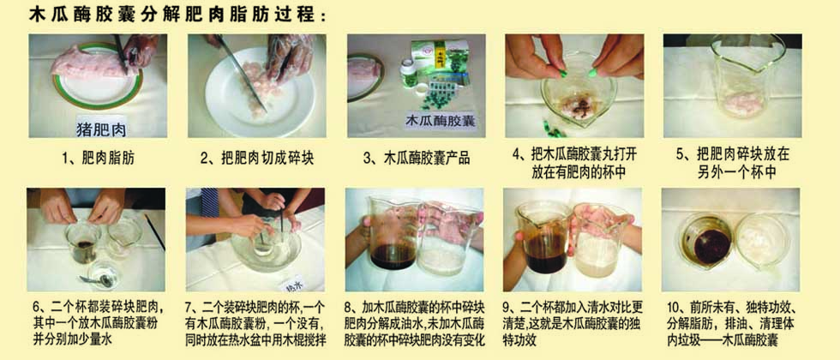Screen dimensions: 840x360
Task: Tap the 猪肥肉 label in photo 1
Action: (99, 128)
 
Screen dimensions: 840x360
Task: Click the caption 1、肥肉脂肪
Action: (97, 158)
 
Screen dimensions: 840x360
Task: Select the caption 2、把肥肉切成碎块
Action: (257, 158)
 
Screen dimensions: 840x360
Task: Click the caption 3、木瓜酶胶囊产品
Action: (417, 158)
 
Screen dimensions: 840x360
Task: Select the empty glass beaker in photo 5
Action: (747, 81)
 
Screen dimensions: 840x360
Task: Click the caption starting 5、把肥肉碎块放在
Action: (732, 164)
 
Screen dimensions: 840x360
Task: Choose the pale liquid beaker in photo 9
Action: (600, 240)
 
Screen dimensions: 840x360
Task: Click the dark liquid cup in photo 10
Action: (707, 240)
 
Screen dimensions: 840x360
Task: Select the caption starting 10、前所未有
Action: (735, 324)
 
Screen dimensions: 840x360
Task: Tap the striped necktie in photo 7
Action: (210, 202)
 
